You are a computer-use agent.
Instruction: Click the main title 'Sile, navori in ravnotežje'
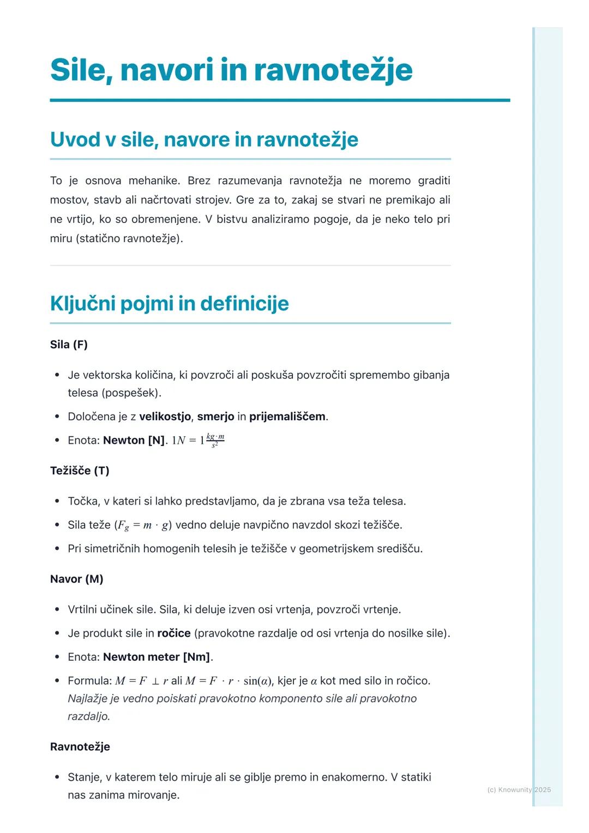[x=231, y=70]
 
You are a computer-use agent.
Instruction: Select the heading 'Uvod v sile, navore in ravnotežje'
[x=204, y=140]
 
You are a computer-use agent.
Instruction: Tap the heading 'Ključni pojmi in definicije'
[x=169, y=304]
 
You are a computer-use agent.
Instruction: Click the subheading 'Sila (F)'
[x=69, y=345]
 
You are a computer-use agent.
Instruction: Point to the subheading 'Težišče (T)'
[x=80, y=470]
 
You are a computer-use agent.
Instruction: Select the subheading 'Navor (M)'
[x=76, y=579]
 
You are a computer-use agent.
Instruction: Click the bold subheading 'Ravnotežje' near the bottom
[x=80, y=747]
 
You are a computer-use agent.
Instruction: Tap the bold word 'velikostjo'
[x=165, y=417]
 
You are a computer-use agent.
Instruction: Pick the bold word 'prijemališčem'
[x=287, y=417]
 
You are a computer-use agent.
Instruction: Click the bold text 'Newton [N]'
[x=134, y=440]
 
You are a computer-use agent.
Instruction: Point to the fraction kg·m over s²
[x=215, y=440]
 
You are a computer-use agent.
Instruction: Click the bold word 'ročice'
[x=174, y=633]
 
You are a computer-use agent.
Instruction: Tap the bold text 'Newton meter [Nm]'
[x=157, y=657]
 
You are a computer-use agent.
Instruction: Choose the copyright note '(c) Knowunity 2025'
[x=519, y=789]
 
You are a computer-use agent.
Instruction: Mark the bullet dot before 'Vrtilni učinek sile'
[x=57, y=609]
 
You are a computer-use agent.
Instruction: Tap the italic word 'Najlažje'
[x=88, y=699]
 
